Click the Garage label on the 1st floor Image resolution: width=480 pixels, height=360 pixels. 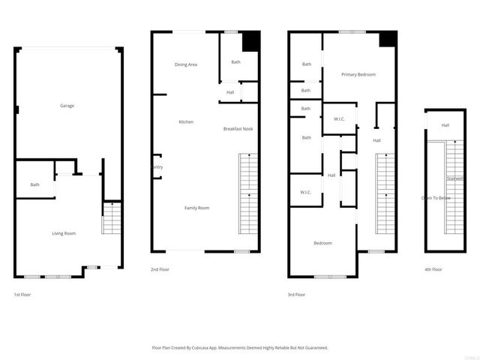click(x=67, y=106)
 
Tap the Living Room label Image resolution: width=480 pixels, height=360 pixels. click(x=64, y=233)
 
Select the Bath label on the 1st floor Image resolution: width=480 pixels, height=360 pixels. click(x=34, y=184)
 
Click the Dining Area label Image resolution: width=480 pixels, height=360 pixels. click(x=186, y=64)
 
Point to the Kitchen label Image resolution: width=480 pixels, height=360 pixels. click(x=186, y=121)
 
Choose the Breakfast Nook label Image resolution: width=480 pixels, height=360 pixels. click(x=238, y=129)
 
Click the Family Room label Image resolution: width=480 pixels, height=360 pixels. click(x=197, y=207)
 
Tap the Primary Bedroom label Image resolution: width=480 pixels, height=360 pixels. click(x=358, y=74)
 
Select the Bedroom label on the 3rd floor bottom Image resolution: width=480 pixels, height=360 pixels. click(x=322, y=243)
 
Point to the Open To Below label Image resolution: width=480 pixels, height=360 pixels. click(x=436, y=198)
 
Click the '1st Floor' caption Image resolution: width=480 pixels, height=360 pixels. click(x=22, y=295)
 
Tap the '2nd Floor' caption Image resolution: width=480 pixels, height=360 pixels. click(x=160, y=268)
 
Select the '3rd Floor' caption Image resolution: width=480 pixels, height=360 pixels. click(x=297, y=295)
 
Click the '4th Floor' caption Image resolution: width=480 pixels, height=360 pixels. click(x=433, y=268)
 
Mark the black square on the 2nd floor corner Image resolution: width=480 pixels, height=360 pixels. click(x=250, y=40)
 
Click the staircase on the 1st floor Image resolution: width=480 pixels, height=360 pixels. click(x=111, y=218)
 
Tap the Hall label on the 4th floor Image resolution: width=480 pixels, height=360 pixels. click(x=445, y=125)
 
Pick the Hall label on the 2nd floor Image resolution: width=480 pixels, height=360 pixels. click(x=230, y=92)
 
